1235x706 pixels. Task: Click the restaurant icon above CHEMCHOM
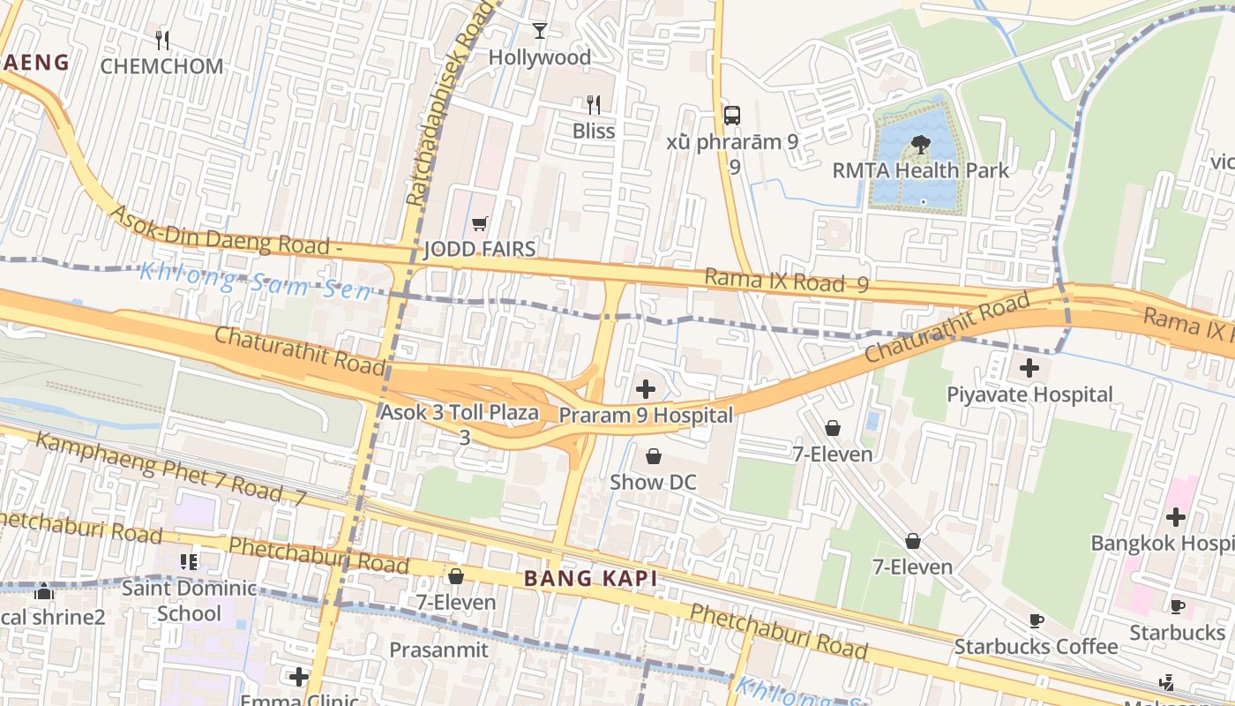point(161,40)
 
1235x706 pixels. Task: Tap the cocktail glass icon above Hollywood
point(540,31)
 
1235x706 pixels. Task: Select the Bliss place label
point(594,131)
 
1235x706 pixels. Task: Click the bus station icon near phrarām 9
point(731,115)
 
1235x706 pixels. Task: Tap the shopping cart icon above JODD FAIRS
point(479,224)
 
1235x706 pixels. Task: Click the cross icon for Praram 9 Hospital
point(646,388)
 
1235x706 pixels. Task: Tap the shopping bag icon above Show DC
point(654,456)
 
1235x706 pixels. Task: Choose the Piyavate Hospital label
point(1029,394)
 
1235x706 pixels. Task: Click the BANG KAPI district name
point(590,579)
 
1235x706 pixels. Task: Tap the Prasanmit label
point(443,650)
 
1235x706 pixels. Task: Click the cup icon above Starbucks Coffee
point(1037,620)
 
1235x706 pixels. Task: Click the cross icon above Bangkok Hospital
point(1175,516)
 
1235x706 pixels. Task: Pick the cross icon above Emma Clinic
point(299,677)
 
